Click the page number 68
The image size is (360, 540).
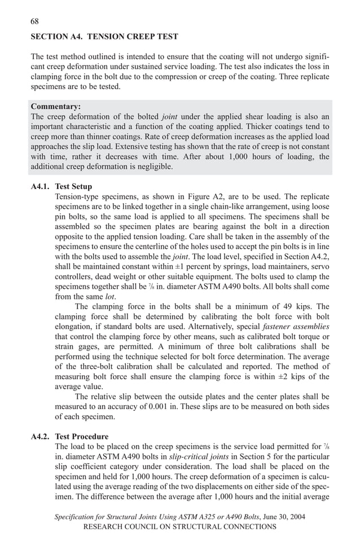coord(34,21)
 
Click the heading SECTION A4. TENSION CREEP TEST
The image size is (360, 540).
coord(104,37)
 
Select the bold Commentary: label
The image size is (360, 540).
coord(55,107)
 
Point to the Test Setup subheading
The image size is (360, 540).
coord(73,187)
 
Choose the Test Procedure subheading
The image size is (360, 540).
coord(81,437)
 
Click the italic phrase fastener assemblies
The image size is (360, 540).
coord(296,327)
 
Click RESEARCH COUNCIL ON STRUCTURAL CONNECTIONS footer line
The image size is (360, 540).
coord(179,526)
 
